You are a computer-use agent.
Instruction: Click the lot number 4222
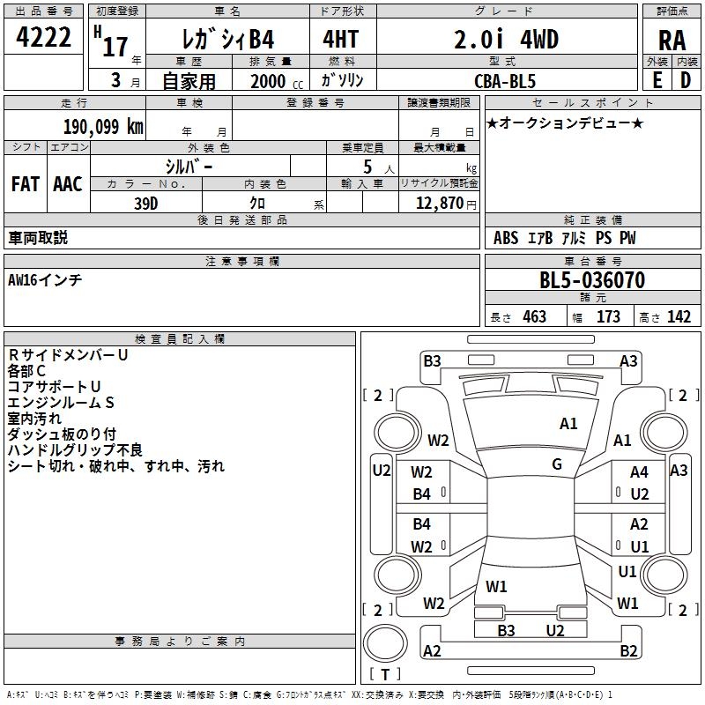click(44, 39)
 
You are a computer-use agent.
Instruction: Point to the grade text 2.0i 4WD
click(506, 40)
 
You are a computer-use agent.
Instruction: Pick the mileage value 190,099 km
click(103, 126)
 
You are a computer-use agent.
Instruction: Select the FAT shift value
click(25, 184)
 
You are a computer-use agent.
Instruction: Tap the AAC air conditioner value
click(68, 184)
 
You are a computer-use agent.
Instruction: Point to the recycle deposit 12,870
click(437, 203)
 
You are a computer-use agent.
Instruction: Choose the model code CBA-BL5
click(505, 80)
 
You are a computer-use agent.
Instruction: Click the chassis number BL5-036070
click(592, 281)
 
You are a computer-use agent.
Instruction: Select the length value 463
click(534, 317)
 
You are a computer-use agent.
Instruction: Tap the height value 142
click(679, 317)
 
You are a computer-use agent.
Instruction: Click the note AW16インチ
click(45, 280)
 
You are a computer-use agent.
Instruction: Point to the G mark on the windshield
click(557, 464)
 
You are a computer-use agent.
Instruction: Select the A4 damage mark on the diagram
click(639, 473)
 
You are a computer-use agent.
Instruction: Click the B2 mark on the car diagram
click(628, 651)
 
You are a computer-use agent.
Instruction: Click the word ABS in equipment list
click(506, 238)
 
